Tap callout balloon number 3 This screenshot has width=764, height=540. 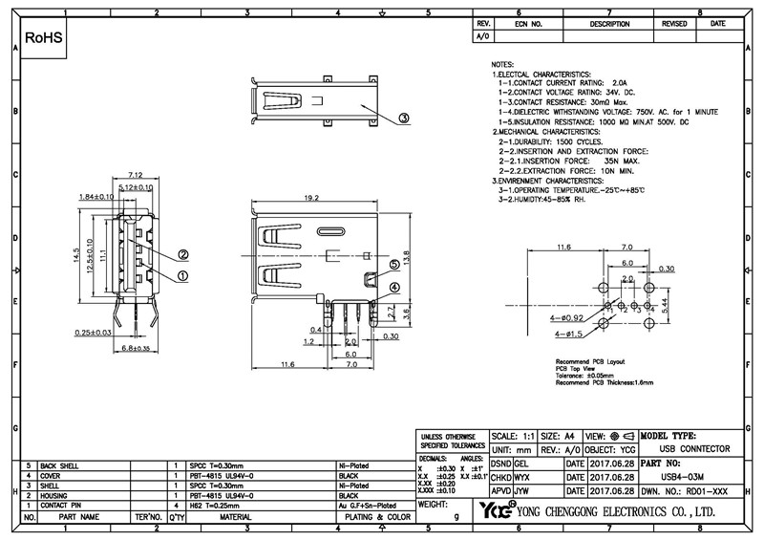pyautogui.click(x=404, y=119)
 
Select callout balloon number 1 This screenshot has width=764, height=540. pyautogui.click(x=183, y=275)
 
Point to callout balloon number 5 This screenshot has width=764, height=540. pyautogui.click(x=393, y=263)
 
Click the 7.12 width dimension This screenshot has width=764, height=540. pyautogui.click(x=135, y=175)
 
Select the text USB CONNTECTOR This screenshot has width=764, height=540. pyautogui.click(x=695, y=447)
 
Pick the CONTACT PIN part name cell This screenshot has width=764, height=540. pyautogui.click(x=63, y=506)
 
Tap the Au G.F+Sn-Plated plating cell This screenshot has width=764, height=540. pyautogui.click(x=368, y=506)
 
